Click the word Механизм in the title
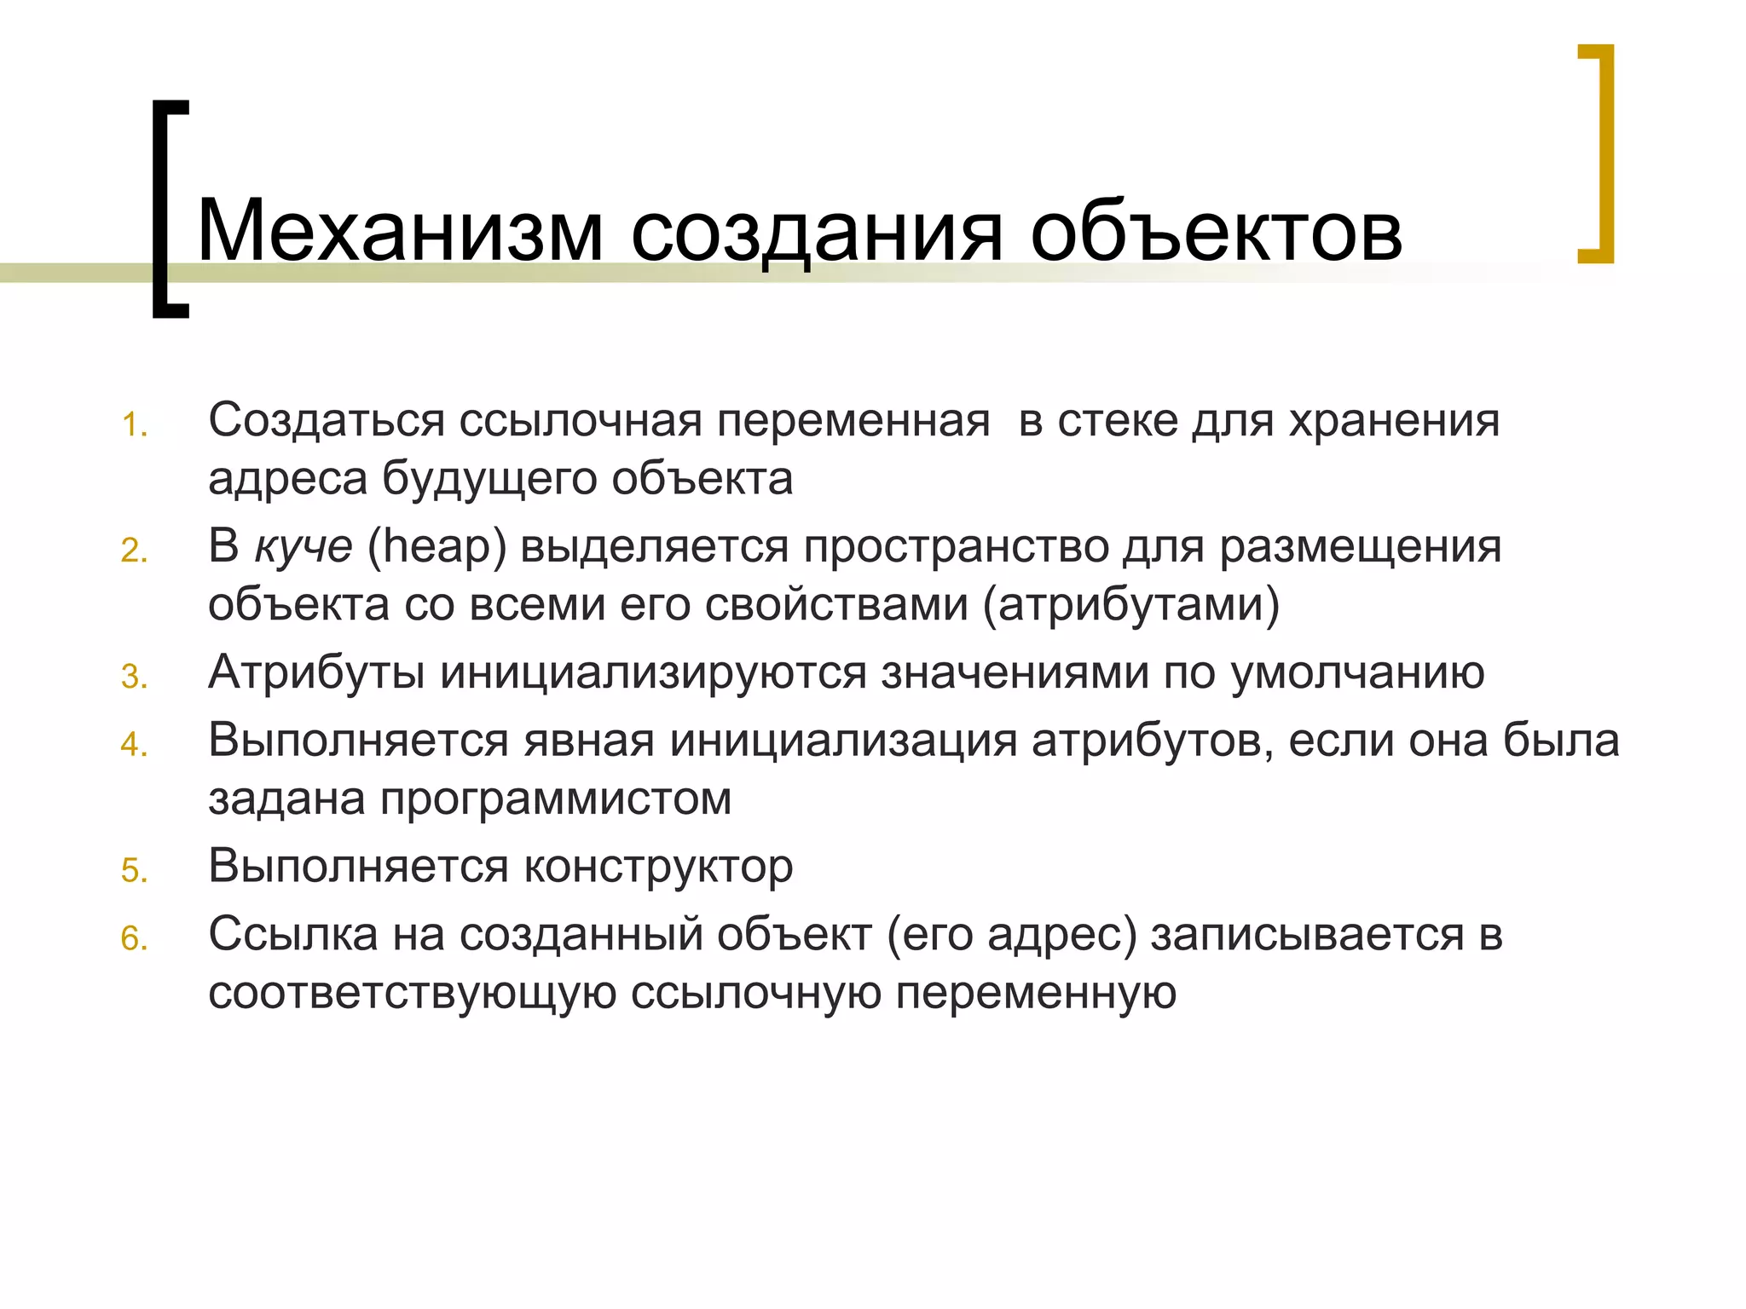coord(400,230)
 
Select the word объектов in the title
coord(1216,230)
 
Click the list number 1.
coord(134,425)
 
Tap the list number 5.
coord(134,871)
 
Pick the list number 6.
coord(134,939)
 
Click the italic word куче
coord(304,547)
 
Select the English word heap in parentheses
coord(436,547)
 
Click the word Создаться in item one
coord(327,421)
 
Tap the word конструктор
coord(658,868)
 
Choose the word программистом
coord(556,799)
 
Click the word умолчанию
coord(1357,673)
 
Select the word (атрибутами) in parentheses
coord(1131,605)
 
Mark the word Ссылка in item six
coord(293,934)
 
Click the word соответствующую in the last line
coord(412,994)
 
